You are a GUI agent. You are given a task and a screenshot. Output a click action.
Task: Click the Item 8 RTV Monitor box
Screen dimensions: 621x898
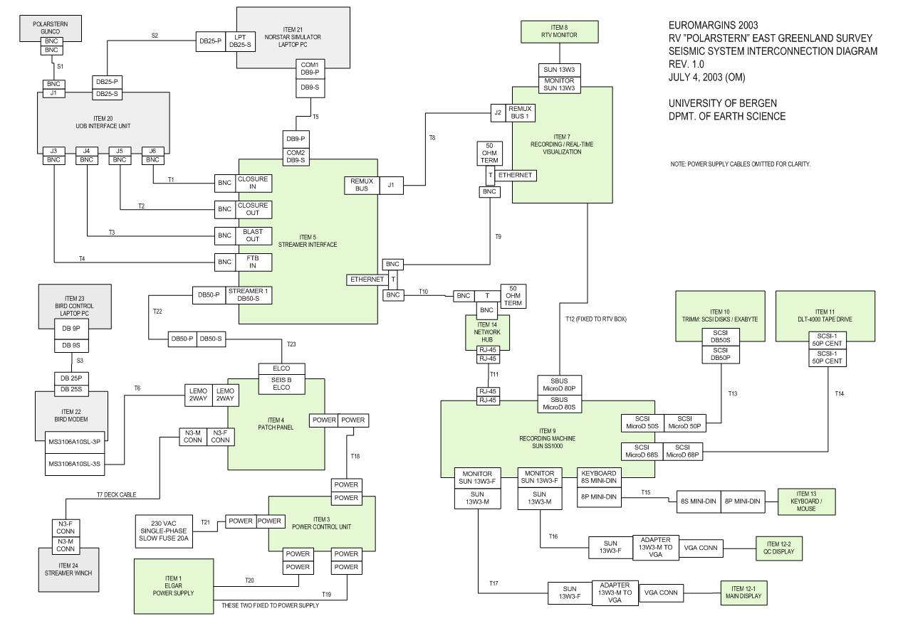[x=558, y=30]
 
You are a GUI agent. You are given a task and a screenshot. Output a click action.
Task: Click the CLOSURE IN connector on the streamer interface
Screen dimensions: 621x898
[x=252, y=183]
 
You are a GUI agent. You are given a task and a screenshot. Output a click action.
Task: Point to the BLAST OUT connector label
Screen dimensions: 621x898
[x=252, y=235]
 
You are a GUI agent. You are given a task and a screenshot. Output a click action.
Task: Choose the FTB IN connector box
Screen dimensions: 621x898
[x=252, y=262]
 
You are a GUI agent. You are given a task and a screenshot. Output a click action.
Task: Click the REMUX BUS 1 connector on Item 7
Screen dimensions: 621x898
[x=519, y=112]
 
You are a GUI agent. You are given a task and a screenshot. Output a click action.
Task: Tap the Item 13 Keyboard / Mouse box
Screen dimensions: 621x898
[x=806, y=501]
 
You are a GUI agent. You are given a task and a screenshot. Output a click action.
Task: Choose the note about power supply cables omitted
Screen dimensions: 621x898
[x=741, y=164]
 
